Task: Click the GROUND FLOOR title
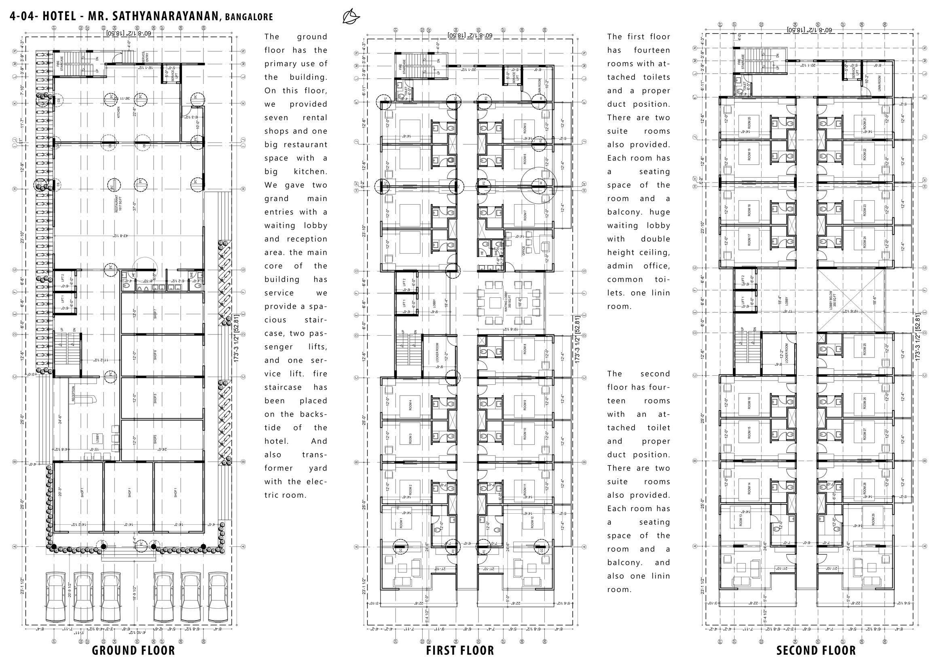click(133, 651)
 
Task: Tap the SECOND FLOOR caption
click(816, 651)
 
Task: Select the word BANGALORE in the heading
click(249, 17)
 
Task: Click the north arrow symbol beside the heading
click(351, 17)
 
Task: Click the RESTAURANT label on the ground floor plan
click(116, 203)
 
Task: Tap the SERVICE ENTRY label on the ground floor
click(145, 57)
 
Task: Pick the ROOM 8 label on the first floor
click(525, 351)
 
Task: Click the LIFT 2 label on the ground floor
click(63, 278)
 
